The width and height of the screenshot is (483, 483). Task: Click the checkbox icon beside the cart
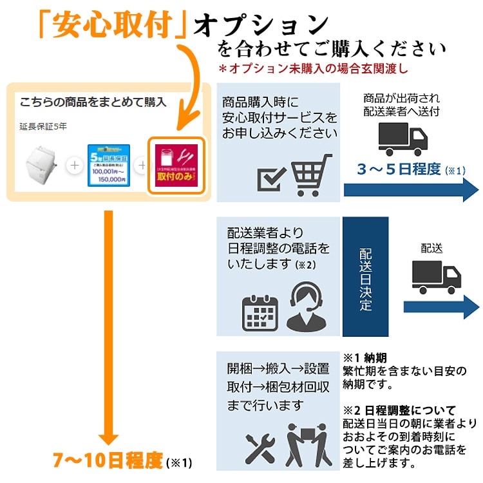[270, 178]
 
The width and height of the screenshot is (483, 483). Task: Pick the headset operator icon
[303, 308]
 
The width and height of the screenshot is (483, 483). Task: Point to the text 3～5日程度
[399, 169]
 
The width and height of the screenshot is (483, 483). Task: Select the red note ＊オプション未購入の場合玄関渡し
[314, 67]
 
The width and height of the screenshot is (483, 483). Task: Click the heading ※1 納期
[365, 357]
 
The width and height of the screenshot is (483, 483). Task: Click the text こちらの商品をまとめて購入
[93, 102]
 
